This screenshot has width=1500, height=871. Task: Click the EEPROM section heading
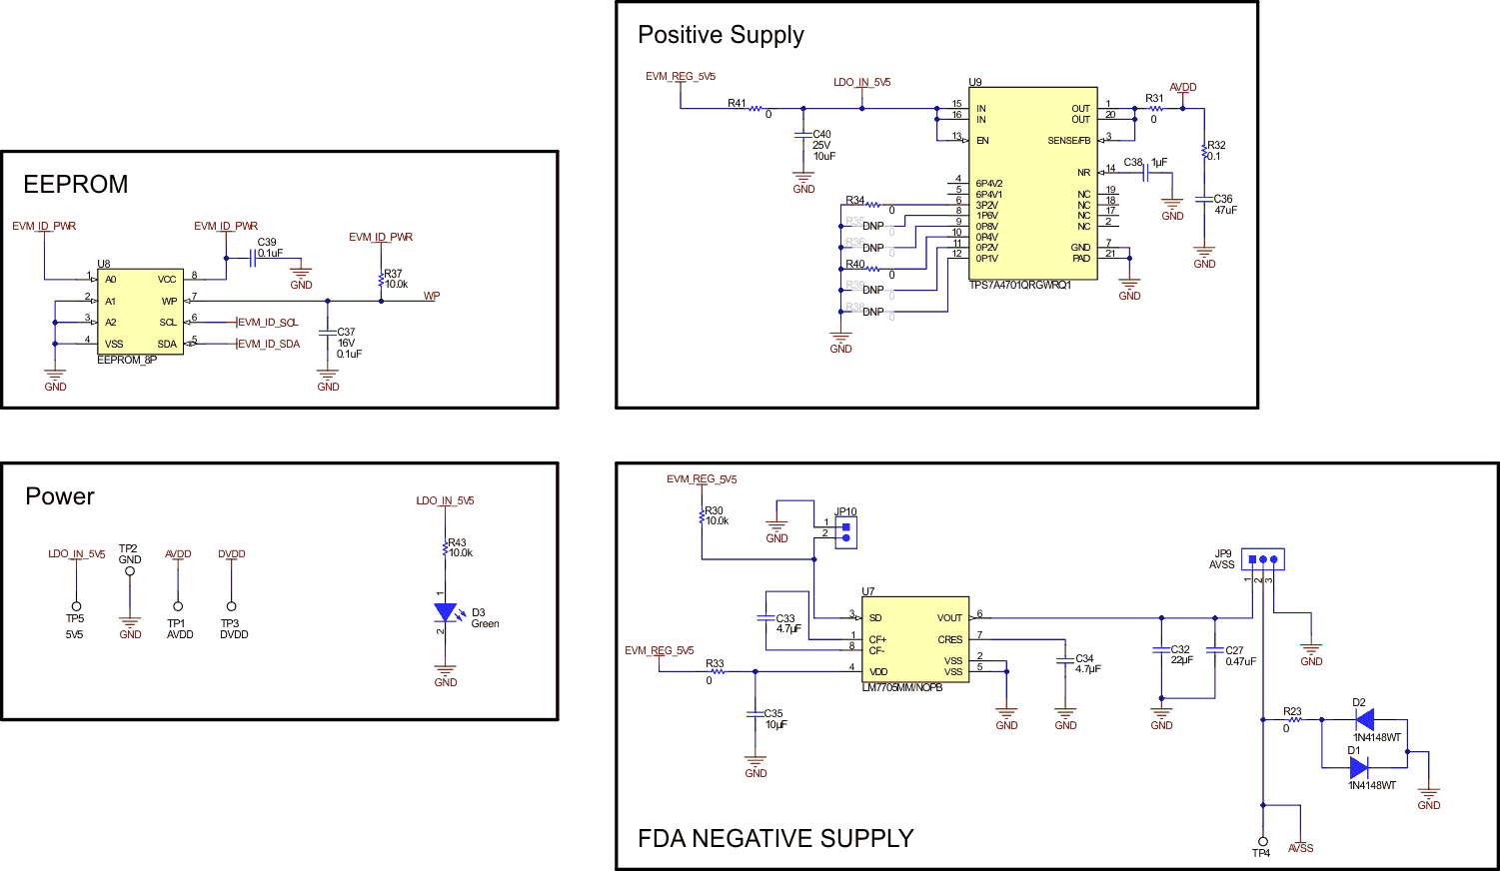point(76,185)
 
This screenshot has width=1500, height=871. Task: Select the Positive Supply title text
point(721,35)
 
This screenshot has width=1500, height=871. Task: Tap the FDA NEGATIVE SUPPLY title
point(775,838)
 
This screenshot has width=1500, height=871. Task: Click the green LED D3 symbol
point(446,613)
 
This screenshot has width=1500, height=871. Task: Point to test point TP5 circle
point(75,606)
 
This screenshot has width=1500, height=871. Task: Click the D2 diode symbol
point(1363,719)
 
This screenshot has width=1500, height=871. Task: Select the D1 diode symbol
point(1358,767)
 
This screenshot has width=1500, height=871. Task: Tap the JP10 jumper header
point(845,532)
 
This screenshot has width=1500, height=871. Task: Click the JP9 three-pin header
point(1262,559)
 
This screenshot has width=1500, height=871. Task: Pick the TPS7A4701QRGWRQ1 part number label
point(1019,286)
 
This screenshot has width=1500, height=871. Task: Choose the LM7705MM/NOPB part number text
point(901,687)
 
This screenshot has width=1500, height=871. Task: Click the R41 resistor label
point(737,103)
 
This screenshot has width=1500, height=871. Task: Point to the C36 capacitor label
point(1223,199)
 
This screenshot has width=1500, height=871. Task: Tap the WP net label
point(432,296)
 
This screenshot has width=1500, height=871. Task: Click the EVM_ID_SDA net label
point(269,344)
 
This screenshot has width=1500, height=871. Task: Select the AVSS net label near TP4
point(1301,848)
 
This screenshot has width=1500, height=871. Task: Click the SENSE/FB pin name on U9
point(1069,141)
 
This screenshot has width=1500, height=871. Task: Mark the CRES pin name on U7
point(949,639)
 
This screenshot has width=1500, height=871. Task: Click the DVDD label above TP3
point(232,553)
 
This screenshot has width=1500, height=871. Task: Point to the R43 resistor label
point(457,542)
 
